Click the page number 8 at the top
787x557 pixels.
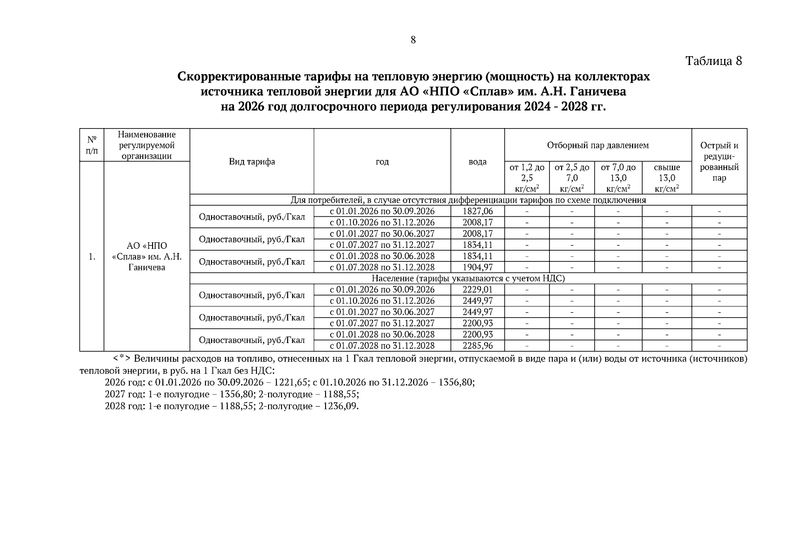click(x=413, y=40)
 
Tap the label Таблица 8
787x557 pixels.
click(x=714, y=61)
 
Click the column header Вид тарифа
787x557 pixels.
click(x=252, y=162)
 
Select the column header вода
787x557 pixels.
click(x=478, y=162)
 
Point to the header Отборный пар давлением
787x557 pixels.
click(x=598, y=145)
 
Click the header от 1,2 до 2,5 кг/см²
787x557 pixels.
click(x=527, y=178)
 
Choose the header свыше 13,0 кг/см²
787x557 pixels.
click(x=667, y=178)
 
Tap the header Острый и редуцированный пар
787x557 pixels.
click(x=719, y=162)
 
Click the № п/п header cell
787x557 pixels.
click(x=92, y=145)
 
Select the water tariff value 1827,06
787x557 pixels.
click(x=478, y=211)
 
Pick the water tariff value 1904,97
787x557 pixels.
click(x=478, y=267)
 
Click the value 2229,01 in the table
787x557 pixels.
click(x=478, y=290)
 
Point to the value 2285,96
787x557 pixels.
click(x=478, y=346)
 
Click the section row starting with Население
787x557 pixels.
click(x=468, y=278)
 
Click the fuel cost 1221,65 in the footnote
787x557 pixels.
click(x=290, y=382)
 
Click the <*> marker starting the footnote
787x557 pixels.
click(x=122, y=359)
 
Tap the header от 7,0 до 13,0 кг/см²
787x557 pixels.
click(x=618, y=178)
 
